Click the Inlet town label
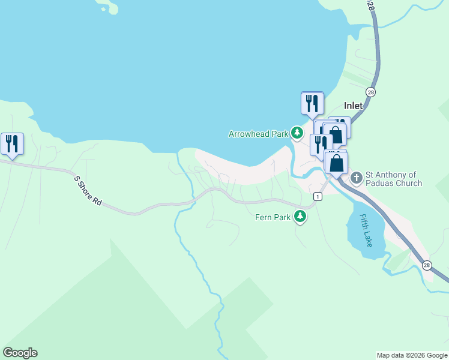pos(353,106)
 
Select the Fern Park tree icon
pos(300,217)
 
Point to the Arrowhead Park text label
pos(258,134)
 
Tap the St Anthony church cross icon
pos(357,178)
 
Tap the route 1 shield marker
pos(317,196)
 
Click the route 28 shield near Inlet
pos(371,92)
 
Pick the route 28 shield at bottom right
pos(427,265)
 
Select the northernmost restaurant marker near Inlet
pos(312,103)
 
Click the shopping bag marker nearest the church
pos(336,161)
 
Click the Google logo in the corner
pos(20,352)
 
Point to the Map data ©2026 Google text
pos(412,355)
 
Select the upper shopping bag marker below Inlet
pos(335,134)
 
